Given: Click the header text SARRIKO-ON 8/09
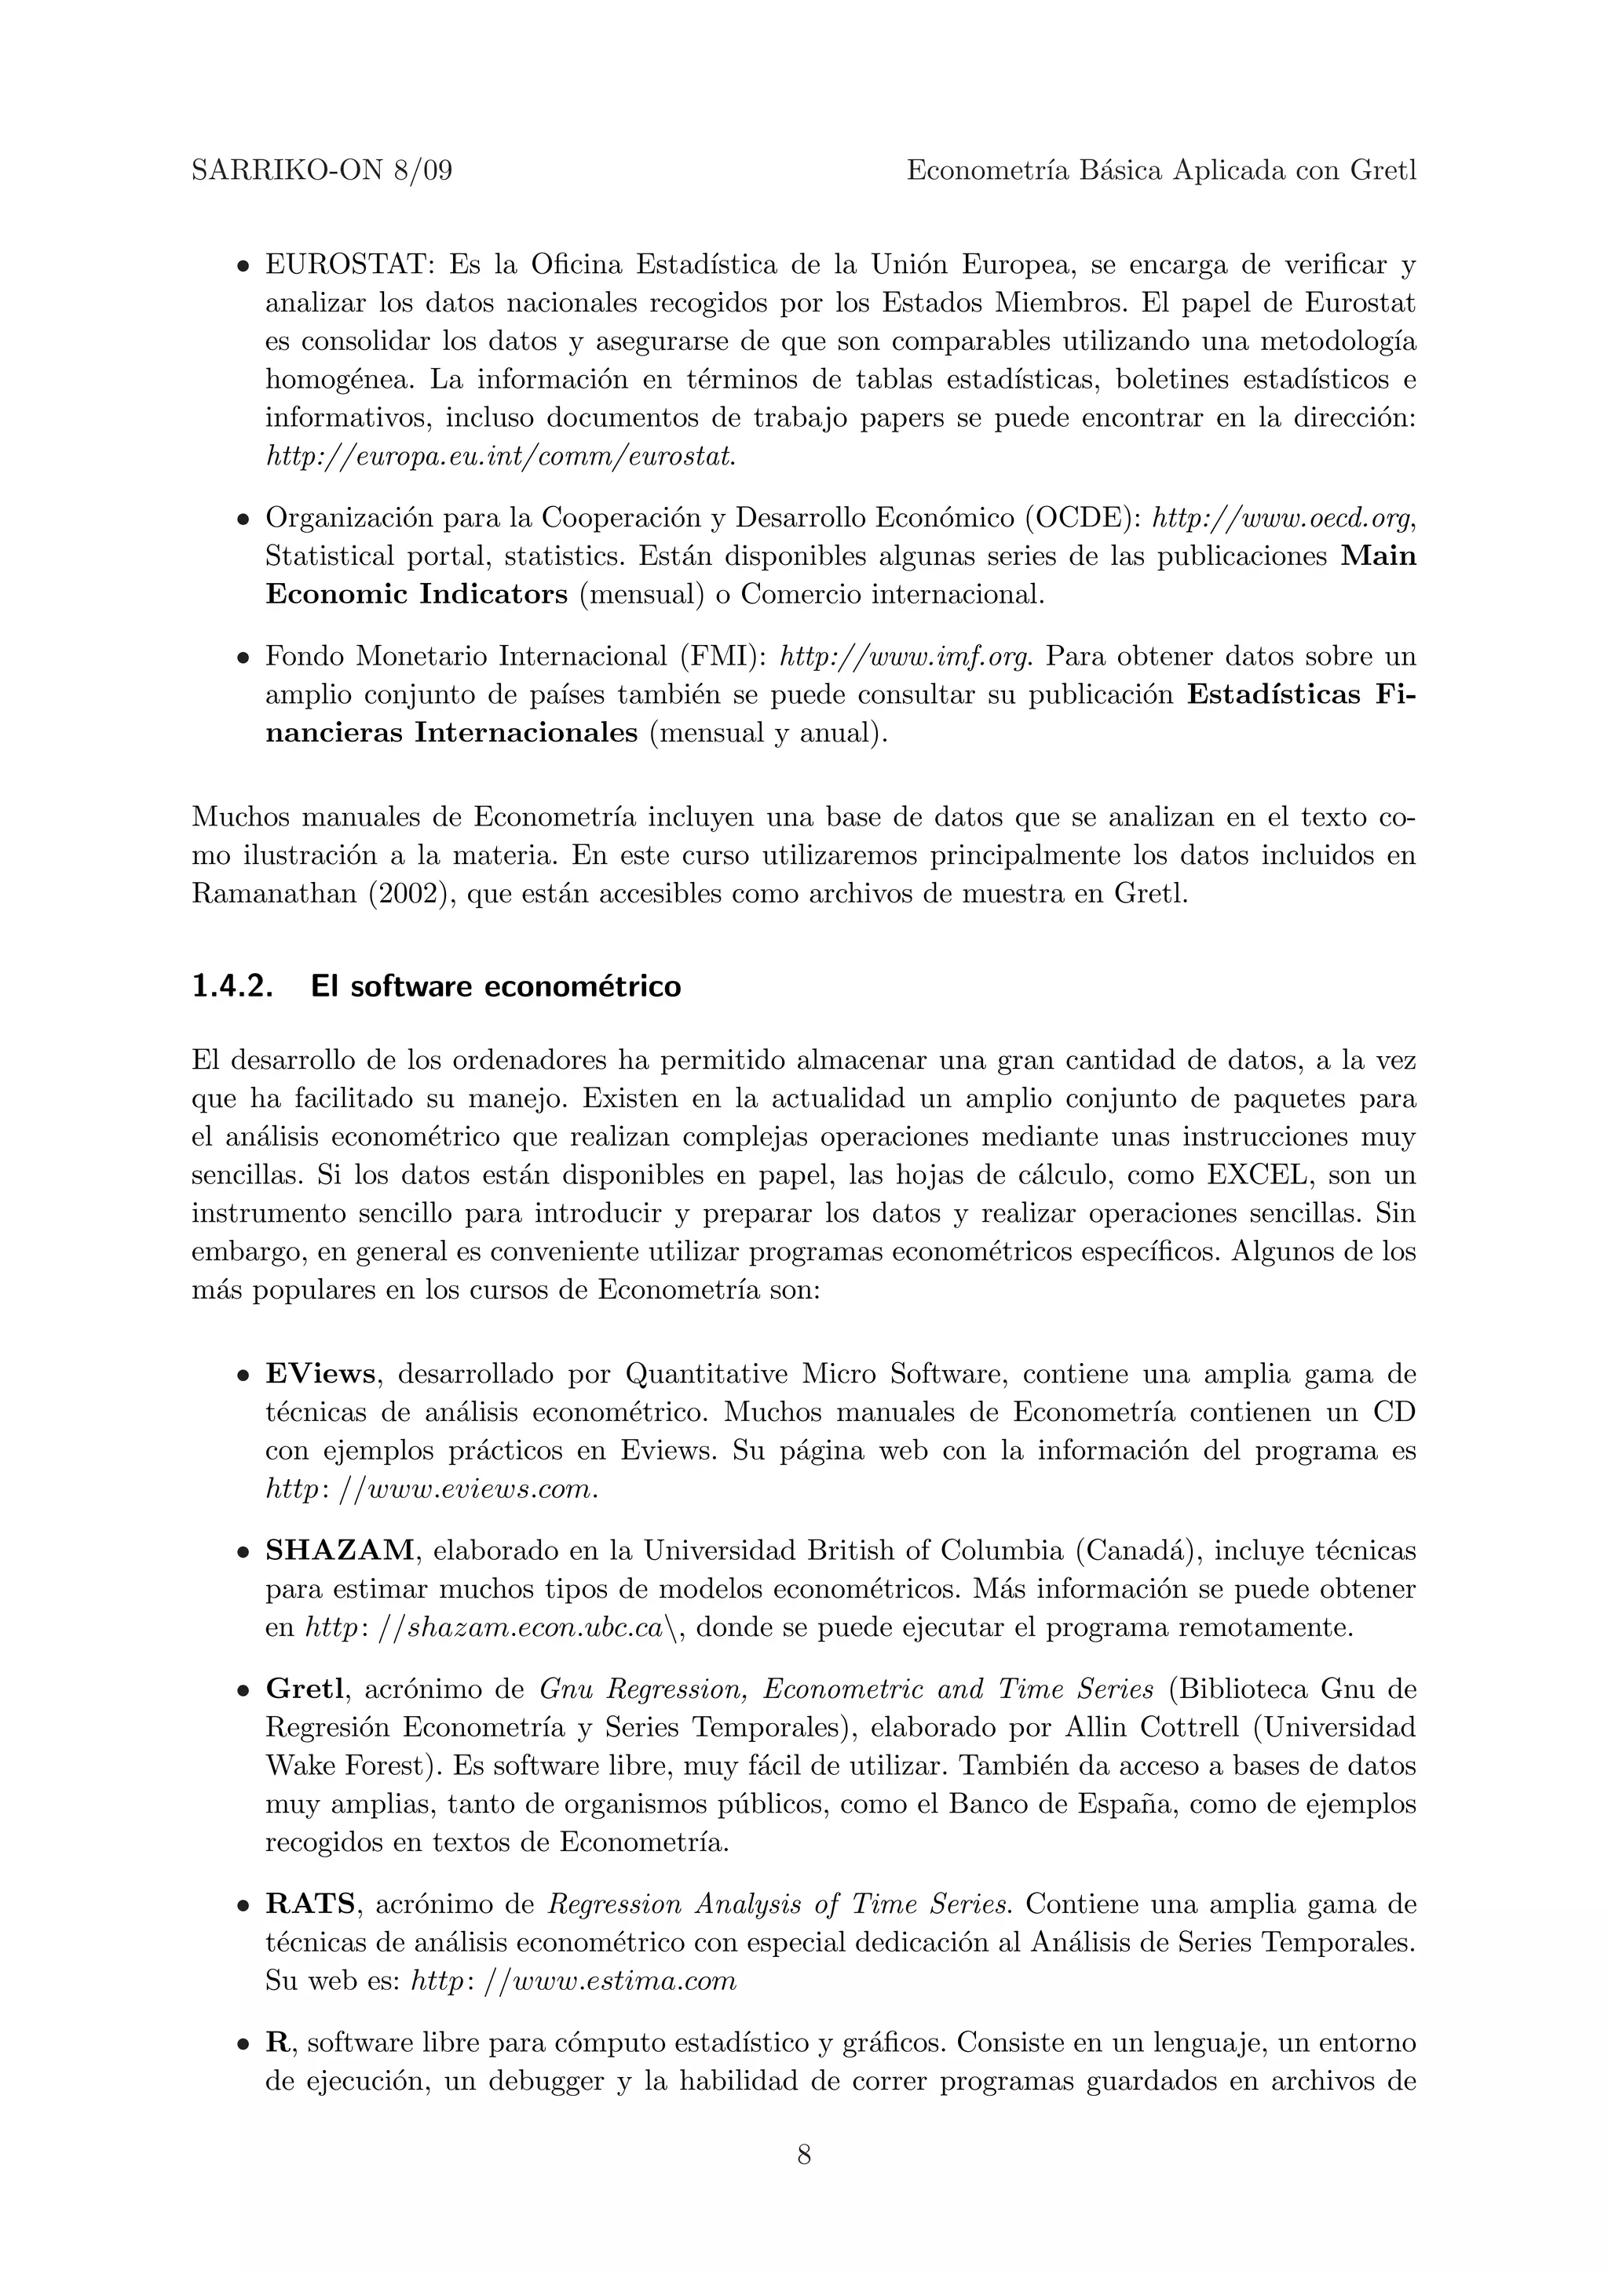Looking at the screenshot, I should point(322,171).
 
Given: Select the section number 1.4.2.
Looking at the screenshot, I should point(232,986).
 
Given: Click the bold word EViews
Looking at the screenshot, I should point(320,1374).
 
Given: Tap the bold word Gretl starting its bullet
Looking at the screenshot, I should point(303,1688).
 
